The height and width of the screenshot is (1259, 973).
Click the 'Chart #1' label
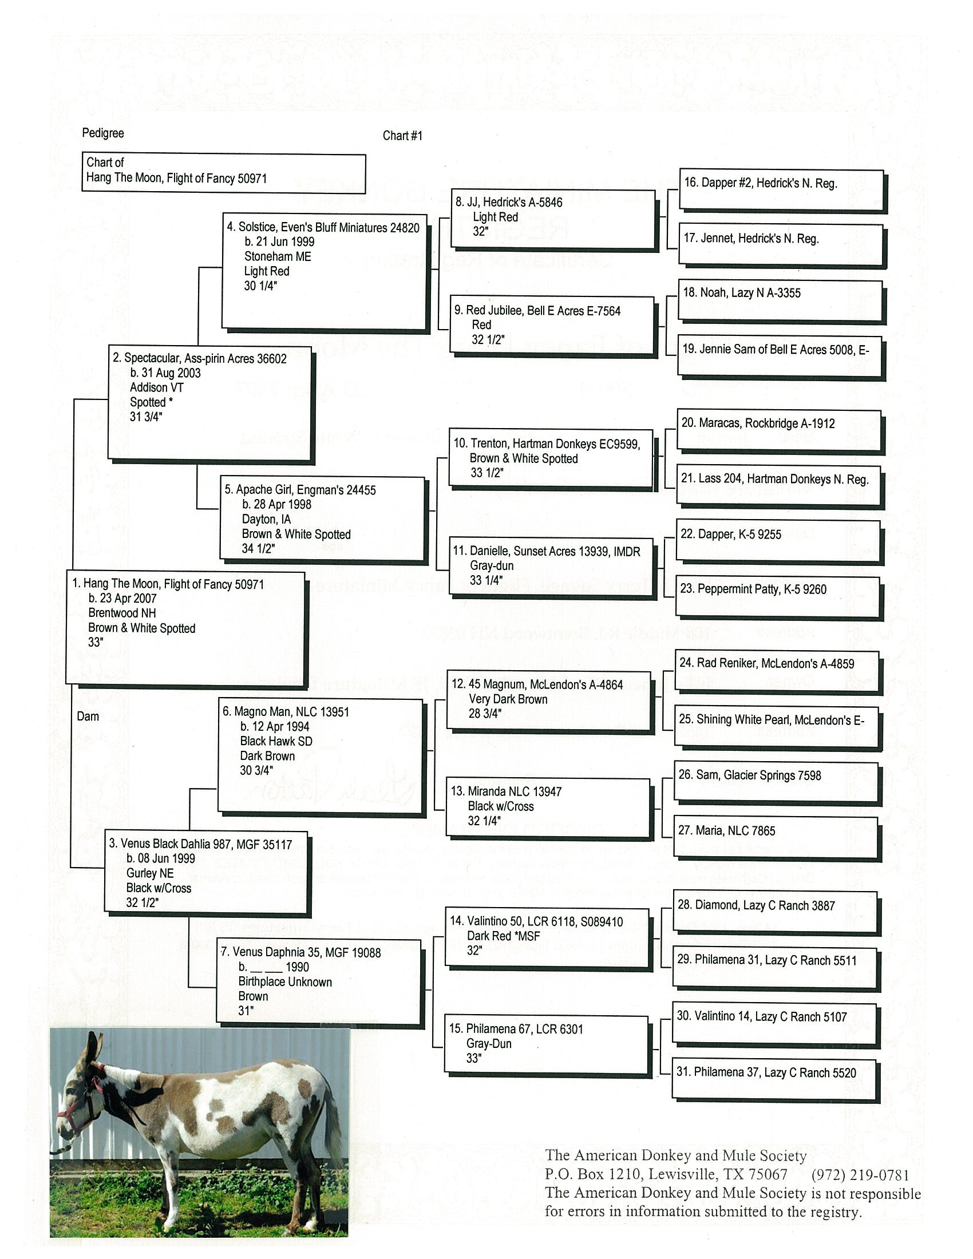pos(402,136)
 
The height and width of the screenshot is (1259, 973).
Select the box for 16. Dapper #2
pos(781,189)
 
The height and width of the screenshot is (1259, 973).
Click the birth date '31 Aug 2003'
pos(165,373)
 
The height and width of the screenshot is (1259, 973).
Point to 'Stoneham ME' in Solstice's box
pos(277,256)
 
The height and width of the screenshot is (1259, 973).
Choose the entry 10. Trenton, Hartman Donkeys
pos(551,458)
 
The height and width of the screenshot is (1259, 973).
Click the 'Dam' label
pos(88,716)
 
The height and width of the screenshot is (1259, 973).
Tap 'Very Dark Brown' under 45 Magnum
pos(508,699)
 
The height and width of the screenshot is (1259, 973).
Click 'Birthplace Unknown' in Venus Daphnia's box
pos(285,981)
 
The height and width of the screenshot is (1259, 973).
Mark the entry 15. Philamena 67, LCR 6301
pos(546,1044)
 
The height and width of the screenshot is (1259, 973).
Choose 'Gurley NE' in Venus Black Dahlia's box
pos(150,873)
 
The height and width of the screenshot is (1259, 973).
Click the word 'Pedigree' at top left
pos(102,133)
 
